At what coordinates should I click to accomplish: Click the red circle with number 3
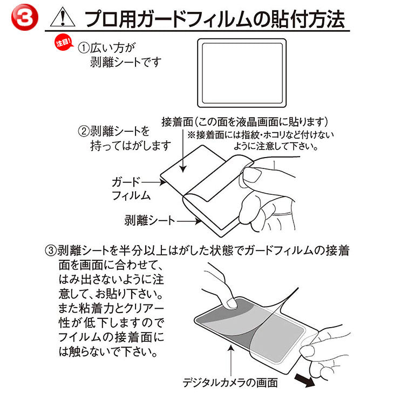pos(25,18)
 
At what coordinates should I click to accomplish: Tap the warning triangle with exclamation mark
pos(63,17)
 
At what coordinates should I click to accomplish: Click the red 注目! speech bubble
pos(64,42)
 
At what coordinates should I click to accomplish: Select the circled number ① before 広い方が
pos(84,48)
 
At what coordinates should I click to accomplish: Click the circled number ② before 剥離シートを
pos(84,131)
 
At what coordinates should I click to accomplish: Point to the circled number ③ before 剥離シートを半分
pos(51,251)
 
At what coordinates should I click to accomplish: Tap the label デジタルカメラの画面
pos(230,383)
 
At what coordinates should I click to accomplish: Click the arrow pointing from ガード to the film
pos(154,182)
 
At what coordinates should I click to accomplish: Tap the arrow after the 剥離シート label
pos(189,221)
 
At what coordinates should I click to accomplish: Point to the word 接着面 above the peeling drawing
pos(177,122)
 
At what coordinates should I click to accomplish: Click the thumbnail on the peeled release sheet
pos(252,174)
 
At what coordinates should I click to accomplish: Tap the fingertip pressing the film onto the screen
pos(230,303)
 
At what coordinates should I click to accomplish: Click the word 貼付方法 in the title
pos(305,19)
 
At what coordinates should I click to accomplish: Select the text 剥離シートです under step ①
pos(126,62)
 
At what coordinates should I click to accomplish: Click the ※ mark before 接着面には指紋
pos(191,135)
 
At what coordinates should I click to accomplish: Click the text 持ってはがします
pos(131,146)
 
